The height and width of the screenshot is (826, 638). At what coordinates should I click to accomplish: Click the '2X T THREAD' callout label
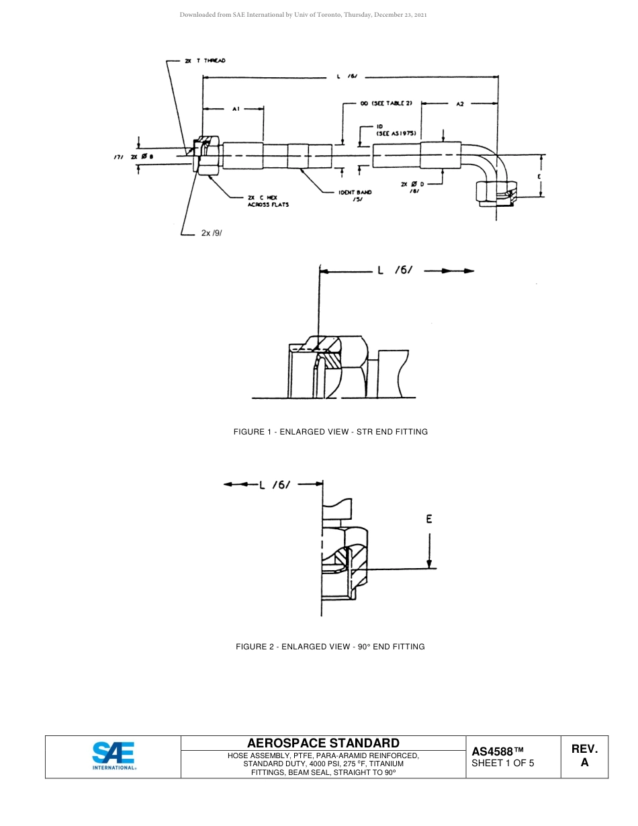[x=205, y=60]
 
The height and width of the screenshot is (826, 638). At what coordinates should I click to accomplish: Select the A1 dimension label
[x=236, y=108]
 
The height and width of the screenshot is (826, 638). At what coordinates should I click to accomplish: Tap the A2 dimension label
[x=460, y=104]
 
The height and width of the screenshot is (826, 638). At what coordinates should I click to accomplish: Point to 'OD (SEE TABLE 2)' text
[x=385, y=103]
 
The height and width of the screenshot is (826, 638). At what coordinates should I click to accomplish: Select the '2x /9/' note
[x=212, y=234]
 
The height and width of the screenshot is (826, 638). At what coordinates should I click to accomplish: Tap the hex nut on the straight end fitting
[x=208, y=156]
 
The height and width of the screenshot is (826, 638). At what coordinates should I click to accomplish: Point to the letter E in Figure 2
[x=429, y=518]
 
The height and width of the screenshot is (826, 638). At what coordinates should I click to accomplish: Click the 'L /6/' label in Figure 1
[x=398, y=271]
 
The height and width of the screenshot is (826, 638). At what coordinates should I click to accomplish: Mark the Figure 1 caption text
[x=330, y=432]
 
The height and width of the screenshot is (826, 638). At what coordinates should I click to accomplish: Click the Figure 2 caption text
[x=330, y=647]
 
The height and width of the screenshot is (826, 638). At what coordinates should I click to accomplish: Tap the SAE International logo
[x=113, y=756]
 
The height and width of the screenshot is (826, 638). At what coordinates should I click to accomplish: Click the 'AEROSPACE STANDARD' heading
[x=323, y=743]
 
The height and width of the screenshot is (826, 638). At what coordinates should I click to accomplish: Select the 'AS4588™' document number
[x=497, y=751]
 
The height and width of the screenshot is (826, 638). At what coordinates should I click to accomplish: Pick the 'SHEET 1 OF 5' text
[x=503, y=763]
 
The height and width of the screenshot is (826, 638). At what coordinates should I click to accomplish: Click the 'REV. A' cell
[x=584, y=755]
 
